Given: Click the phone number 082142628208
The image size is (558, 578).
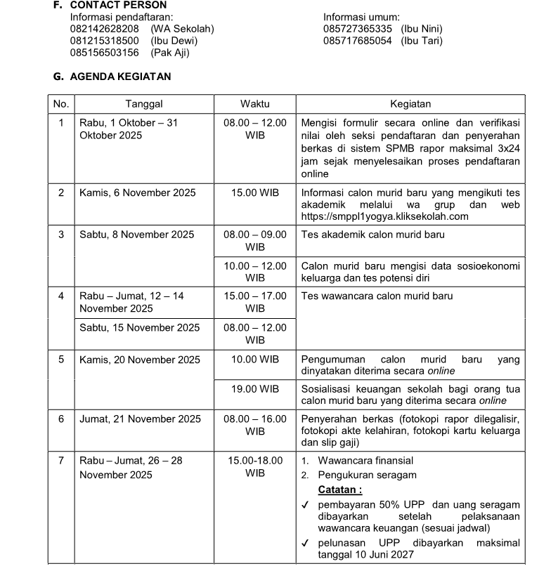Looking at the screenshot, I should (x=105, y=29).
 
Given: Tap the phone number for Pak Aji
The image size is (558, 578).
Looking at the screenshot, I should (x=105, y=53).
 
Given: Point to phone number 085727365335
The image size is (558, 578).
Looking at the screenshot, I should (x=358, y=29).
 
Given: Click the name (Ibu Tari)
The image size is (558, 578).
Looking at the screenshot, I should (x=422, y=41).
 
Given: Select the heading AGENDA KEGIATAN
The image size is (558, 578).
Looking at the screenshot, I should (x=120, y=77).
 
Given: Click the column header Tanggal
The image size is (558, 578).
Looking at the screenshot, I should (x=144, y=104).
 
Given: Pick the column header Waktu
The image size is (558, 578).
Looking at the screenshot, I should (x=254, y=104).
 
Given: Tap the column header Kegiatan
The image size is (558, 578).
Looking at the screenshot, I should (x=410, y=104).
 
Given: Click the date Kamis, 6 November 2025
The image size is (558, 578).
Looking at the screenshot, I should (x=138, y=192).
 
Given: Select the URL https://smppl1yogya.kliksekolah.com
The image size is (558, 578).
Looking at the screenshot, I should (x=384, y=216).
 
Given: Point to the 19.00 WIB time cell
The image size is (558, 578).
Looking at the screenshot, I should (x=255, y=389).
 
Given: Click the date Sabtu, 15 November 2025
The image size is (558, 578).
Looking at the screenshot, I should (x=140, y=327).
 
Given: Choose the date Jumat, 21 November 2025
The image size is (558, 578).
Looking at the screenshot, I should (x=141, y=419).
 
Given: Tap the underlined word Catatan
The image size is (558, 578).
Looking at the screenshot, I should (x=340, y=490).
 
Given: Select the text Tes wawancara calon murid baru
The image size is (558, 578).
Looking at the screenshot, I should (x=377, y=296).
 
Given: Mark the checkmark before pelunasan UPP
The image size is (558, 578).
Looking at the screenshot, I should (x=305, y=543).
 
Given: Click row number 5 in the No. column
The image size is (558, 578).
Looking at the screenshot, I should (x=61, y=360).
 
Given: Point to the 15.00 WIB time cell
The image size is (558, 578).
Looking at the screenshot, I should (x=255, y=192).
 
